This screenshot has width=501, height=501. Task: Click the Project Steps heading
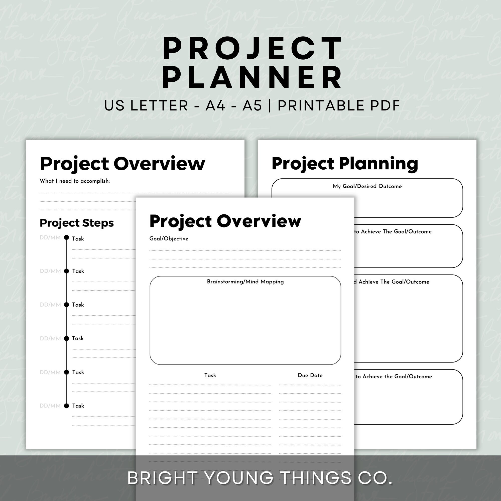[77, 223]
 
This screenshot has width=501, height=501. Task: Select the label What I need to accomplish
[75, 181]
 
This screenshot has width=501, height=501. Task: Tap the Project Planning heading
[345, 164]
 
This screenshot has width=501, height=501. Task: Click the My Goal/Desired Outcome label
[367, 186]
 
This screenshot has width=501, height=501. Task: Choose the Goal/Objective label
[169, 238]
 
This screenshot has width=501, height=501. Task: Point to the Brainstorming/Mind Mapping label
[245, 282]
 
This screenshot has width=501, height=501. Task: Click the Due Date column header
[310, 375]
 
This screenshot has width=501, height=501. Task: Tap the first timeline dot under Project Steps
[66, 237]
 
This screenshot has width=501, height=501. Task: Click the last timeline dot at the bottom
[66, 406]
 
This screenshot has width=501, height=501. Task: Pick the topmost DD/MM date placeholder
[50, 237]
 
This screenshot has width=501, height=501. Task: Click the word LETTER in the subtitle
[159, 106]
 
